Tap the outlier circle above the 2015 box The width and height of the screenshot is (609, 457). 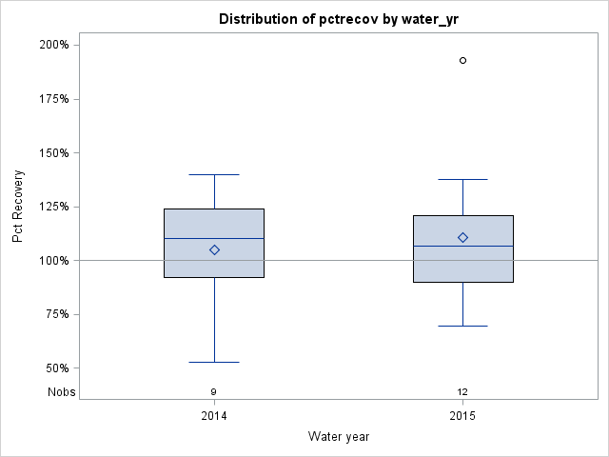(x=463, y=60)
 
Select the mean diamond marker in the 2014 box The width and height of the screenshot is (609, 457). (x=214, y=249)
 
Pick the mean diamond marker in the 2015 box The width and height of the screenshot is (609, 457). (x=463, y=237)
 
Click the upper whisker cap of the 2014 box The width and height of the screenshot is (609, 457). (x=214, y=174)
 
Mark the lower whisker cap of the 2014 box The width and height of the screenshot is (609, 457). (x=214, y=362)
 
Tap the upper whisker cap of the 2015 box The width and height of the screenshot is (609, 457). (x=463, y=179)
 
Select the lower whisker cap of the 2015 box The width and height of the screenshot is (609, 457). (x=463, y=326)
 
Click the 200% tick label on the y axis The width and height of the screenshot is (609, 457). (x=53, y=45)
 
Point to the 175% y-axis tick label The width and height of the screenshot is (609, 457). (x=53, y=99)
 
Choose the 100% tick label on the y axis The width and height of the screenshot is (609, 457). (x=53, y=261)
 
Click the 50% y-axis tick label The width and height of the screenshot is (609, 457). (x=56, y=368)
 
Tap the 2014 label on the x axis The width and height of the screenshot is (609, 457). (x=214, y=417)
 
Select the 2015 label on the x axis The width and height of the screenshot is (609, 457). (x=463, y=417)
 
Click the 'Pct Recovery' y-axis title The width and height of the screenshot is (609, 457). (x=19, y=207)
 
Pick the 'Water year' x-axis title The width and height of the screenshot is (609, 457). (x=339, y=437)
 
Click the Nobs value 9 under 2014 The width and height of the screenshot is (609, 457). (x=214, y=391)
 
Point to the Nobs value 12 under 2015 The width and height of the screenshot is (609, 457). (x=463, y=391)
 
